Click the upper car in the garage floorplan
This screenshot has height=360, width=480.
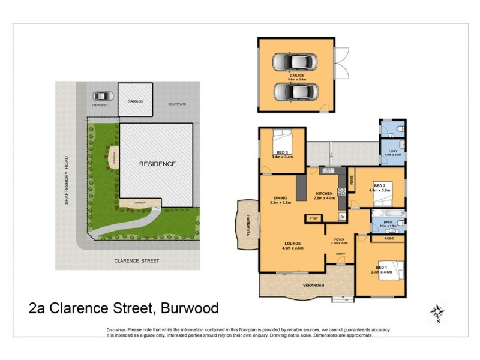pos(293,61)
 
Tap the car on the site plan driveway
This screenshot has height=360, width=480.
pos(103,95)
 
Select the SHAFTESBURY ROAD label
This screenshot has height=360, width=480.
pos(67,181)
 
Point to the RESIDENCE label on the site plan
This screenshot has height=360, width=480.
pos(157,164)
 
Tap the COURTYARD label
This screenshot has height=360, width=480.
pos(177,104)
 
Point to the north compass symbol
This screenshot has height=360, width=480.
pos(437,312)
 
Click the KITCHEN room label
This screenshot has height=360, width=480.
pos(324,193)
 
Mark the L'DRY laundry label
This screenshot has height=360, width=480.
pos(393,151)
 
